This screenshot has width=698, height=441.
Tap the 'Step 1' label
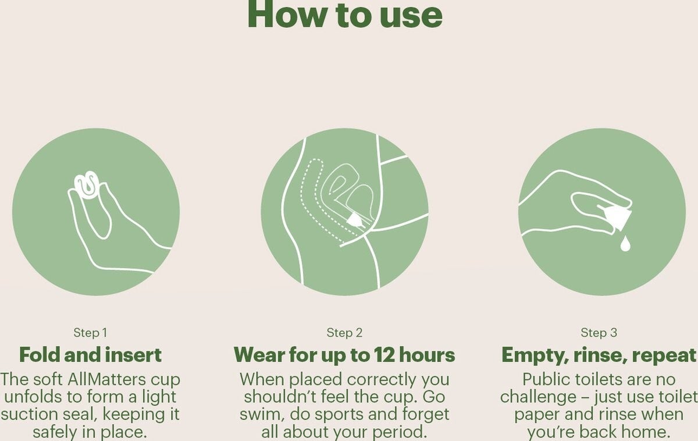coord(90,333)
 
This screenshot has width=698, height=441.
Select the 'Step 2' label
coord(344,333)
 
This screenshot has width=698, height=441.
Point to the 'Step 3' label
coord(599,333)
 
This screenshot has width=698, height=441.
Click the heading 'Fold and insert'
coord(90,355)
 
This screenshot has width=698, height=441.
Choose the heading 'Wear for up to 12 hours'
coord(344,355)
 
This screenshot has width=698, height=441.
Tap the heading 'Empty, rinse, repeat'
coord(599,355)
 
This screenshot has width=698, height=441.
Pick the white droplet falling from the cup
coord(625,244)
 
